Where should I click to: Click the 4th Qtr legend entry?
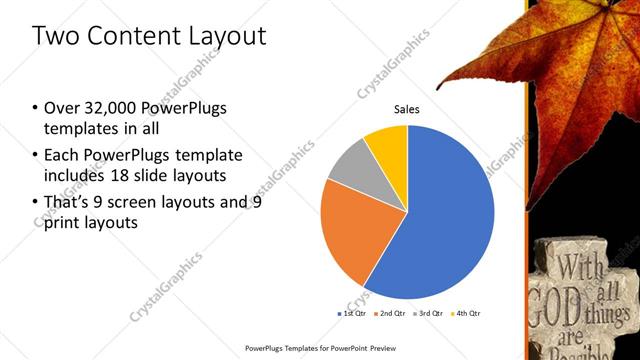click(468, 314)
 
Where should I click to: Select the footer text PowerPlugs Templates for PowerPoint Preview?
click(319, 348)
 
